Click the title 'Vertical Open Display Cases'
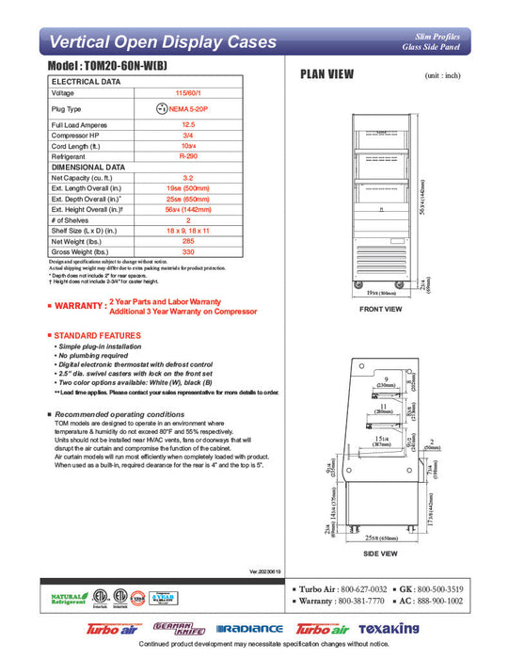pyautogui.click(x=162, y=42)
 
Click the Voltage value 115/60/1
pyautogui.click(x=188, y=93)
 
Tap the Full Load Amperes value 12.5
pyautogui.click(x=188, y=124)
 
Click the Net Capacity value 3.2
pyautogui.click(x=188, y=177)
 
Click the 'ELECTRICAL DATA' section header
pyautogui.click(x=86, y=82)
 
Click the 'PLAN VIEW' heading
pyautogui.click(x=326, y=74)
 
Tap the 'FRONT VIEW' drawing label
pyautogui.click(x=381, y=309)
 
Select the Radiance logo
pyautogui.click(x=249, y=629)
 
